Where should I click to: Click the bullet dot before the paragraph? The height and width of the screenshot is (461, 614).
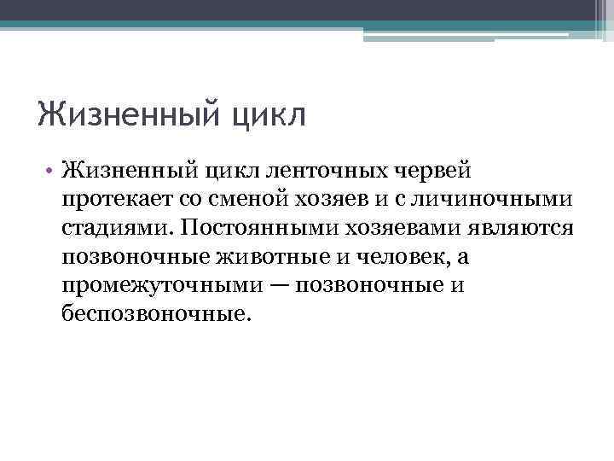51,171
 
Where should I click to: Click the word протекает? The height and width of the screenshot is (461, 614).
114,200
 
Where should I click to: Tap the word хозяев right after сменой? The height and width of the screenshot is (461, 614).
327,200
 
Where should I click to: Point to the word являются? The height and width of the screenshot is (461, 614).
527,228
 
